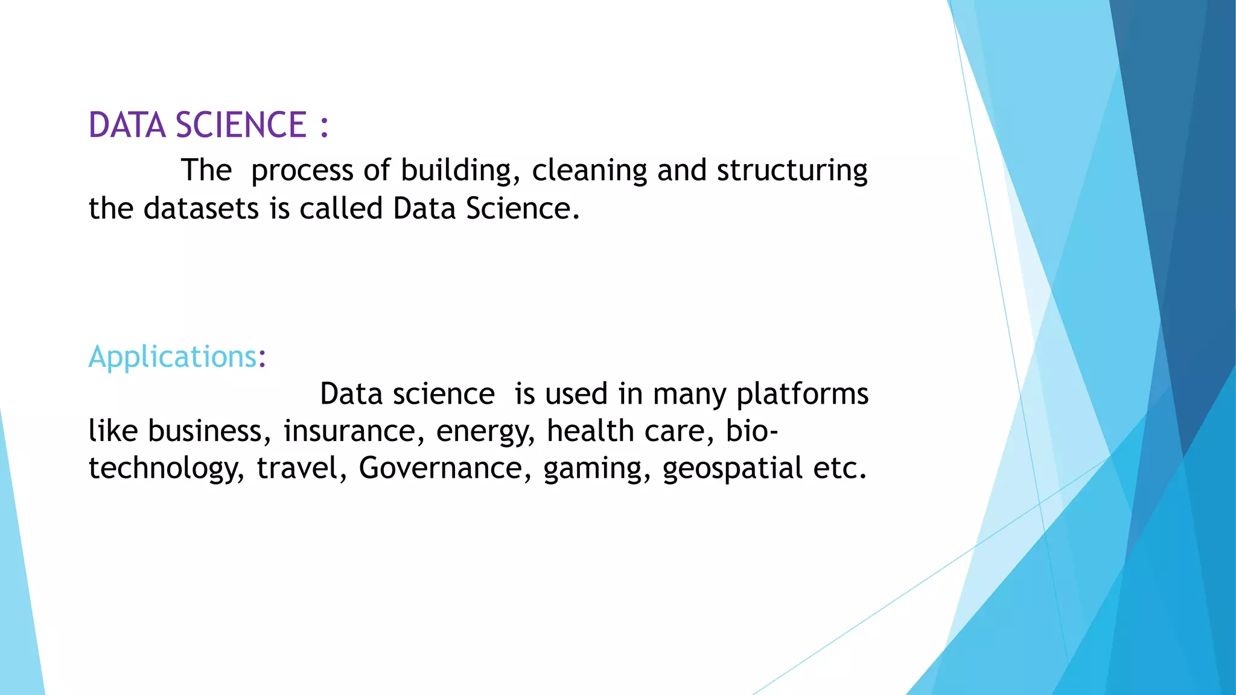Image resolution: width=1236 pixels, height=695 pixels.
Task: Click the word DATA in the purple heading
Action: point(127,125)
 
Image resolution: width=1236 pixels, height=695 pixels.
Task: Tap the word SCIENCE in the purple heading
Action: point(241,125)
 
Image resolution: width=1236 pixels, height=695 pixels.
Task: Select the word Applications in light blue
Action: point(173,357)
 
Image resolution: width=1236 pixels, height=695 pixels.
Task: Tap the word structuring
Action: point(792,171)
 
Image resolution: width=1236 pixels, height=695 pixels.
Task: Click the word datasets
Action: point(201,209)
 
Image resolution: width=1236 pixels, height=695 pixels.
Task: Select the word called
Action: point(341,209)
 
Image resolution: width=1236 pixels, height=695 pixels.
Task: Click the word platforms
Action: point(802,395)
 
